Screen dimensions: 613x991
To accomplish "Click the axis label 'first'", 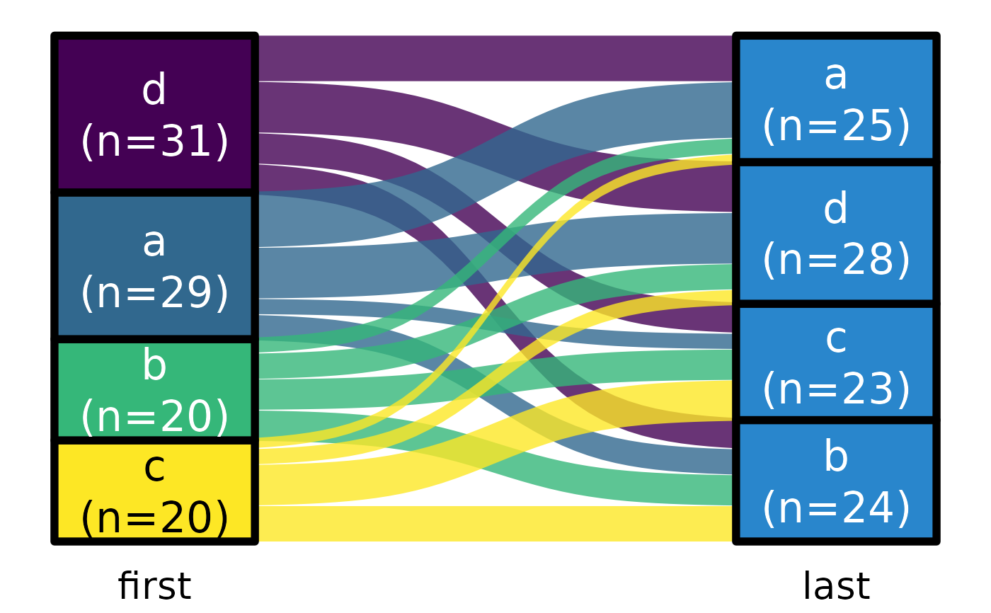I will tap(154, 587).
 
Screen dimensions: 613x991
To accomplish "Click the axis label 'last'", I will tap(836, 587).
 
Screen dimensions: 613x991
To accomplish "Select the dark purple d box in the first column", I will tap(154, 113).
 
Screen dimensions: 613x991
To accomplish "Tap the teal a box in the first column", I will tap(154, 265).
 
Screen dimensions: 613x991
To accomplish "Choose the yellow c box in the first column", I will tap(154, 491).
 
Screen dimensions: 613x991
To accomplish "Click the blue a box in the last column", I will tap(836, 99).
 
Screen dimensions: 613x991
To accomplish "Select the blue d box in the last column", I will tap(836, 234).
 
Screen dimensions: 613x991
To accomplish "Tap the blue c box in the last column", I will tap(836, 362).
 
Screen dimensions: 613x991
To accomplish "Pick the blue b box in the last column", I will tap(836, 481).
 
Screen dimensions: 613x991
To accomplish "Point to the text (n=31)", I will tap(154, 142).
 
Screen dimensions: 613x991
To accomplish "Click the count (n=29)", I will tap(154, 292).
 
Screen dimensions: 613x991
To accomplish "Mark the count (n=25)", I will tap(836, 127).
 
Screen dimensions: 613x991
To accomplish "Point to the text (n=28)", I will tap(836, 260).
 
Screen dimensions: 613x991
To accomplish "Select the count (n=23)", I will tap(836, 389).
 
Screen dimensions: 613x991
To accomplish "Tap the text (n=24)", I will tap(836, 508).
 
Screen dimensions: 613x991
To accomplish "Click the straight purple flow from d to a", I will tap(495, 58).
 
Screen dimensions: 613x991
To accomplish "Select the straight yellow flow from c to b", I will tap(495, 524).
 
